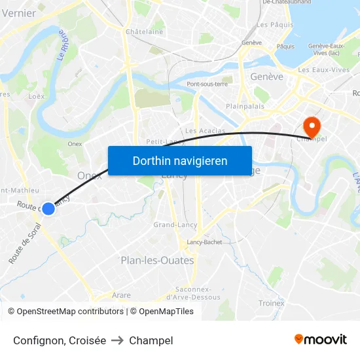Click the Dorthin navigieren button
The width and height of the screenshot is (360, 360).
[x=180, y=160]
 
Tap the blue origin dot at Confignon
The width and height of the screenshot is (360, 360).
[x=48, y=208]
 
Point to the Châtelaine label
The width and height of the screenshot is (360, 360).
[x=144, y=31]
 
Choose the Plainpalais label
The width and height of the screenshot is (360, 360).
[x=244, y=105]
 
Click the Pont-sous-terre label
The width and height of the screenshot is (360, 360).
[x=207, y=84]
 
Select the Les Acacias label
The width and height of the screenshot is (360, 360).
[x=205, y=131]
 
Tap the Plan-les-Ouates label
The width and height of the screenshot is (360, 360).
[x=157, y=260]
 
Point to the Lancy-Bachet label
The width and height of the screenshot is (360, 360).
[x=204, y=242]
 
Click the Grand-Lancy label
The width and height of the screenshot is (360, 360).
[x=175, y=225]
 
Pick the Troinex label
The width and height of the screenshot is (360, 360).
[x=271, y=303]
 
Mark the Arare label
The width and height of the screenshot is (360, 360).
[x=121, y=295]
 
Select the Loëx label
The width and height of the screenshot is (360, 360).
[x=37, y=96]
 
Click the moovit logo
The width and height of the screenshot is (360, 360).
[x=320, y=340]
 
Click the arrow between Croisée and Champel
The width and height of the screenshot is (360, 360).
[x=118, y=340]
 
